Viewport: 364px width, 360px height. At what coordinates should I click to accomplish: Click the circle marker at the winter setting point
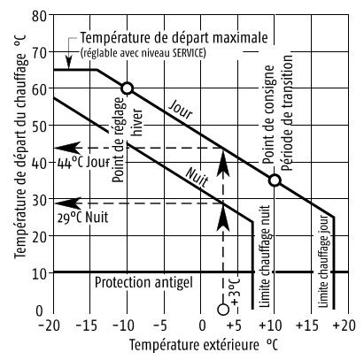pyautogui.click(x=127, y=88)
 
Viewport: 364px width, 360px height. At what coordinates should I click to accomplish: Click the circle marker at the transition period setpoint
pyautogui.click(x=275, y=180)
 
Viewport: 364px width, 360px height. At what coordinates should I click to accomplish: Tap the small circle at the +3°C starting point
pyautogui.click(x=223, y=309)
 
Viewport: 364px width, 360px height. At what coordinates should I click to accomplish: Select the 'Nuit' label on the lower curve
pyautogui.click(x=195, y=173)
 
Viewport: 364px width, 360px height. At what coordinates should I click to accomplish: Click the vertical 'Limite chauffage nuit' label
pyautogui.click(x=264, y=257)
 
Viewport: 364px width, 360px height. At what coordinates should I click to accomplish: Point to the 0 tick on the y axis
pyautogui.click(x=40, y=310)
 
